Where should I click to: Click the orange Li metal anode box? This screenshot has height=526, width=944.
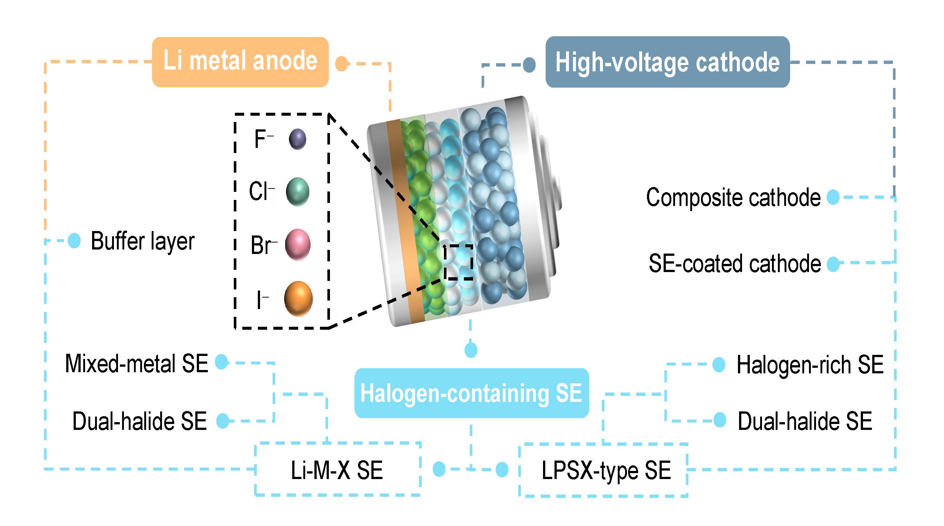pyautogui.click(x=240, y=62)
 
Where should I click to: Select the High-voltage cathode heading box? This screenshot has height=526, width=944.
pyautogui.click(x=667, y=62)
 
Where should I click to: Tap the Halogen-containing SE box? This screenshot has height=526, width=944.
pyautogui.click(x=471, y=393)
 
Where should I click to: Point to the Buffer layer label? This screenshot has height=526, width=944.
pyautogui.click(x=142, y=241)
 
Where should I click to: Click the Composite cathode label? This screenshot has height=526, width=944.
pyautogui.click(x=733, y=197)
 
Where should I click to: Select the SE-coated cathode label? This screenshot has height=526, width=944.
pyautogui.click(x=735, y=264)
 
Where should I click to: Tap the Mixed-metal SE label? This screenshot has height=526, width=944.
pyautogui.click(x=136, y=363)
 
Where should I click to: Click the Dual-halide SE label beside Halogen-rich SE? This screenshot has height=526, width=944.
pyautogui.click(x=805, y=421)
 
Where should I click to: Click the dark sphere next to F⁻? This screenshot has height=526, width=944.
pyautogui.click(x=297, y=139)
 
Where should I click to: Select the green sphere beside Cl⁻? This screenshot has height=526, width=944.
pyautogui.click(x=297, y=191)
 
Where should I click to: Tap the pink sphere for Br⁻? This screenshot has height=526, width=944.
pyautogui.click(x=298, y=244)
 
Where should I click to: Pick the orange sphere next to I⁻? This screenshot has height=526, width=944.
pyautogui.click(x=298, y=299)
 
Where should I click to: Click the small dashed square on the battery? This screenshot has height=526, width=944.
pyautogui.click(x=458, y=261)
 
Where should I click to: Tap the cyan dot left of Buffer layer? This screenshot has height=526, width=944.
pyautogui.click(x=74, y=241)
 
